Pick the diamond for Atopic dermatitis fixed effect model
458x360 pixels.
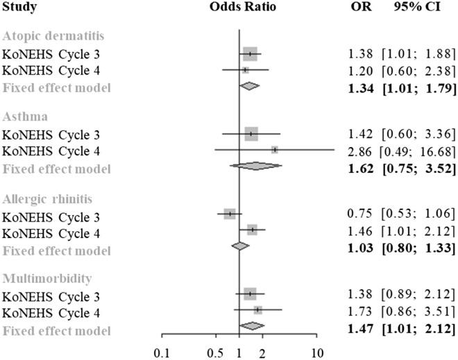tap(249, 86)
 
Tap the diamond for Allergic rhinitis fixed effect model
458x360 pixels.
tap(240, 246)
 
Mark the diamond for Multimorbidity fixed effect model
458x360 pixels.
tap(253, 326)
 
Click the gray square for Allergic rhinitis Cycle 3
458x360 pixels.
tap(230, 214)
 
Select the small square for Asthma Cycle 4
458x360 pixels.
tap(275, 149)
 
